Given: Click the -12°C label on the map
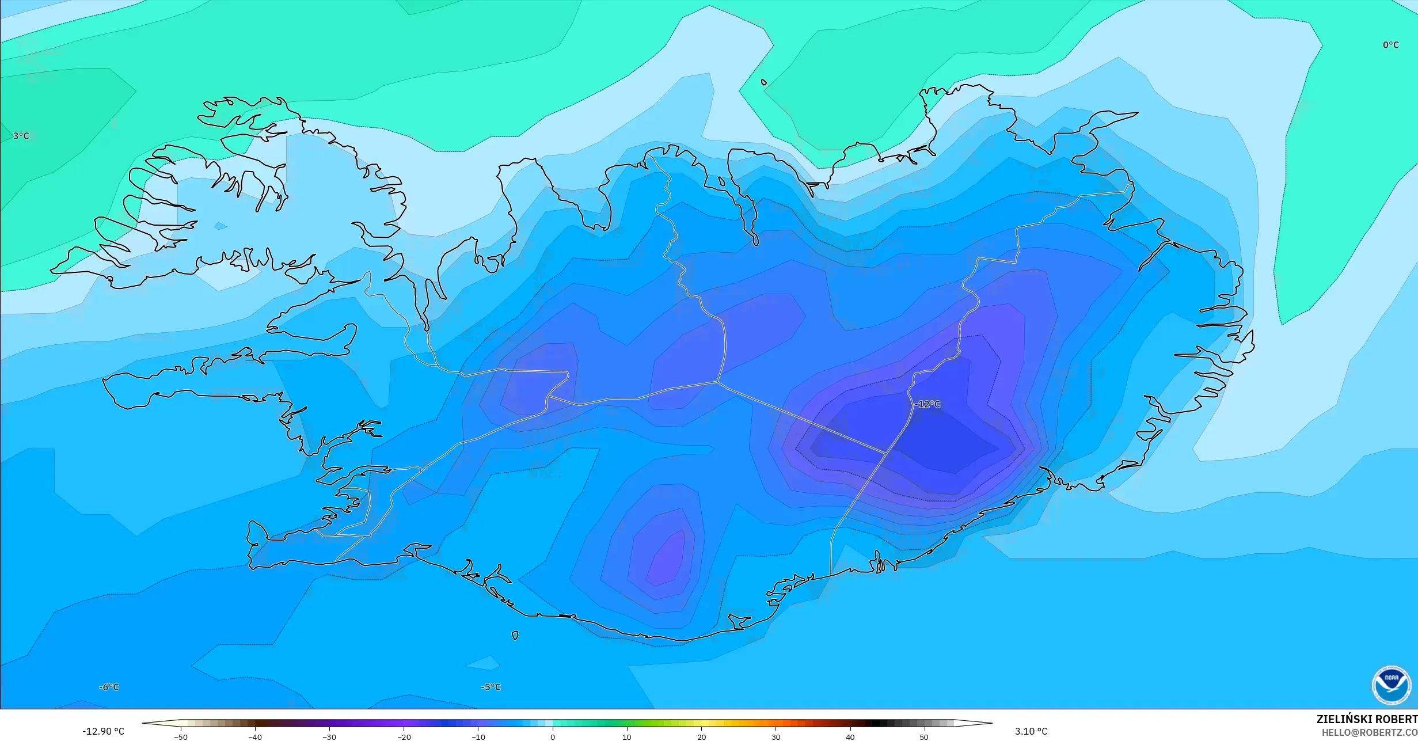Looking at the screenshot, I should pyautogui.click(x=927, y=404).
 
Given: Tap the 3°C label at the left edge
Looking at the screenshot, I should pyautogui.click(x=21, y=136).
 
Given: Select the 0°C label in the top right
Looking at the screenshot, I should pyautogui.click(x=1390, y=45).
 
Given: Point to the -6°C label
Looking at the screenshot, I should pyautogui.click(x=109, y=687).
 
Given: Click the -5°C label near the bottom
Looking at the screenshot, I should pyautogui.click(x=491, y=687).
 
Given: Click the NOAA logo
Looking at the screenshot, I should pyautogui.click(x=1391, y=685).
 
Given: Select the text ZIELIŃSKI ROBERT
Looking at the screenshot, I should pyautogui.click(x=1367, y=719).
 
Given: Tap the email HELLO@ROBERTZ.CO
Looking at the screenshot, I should pyautogui.click(x=1369, y=732).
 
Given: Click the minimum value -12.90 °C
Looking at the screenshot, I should pyautogui.click(x=104, y=731).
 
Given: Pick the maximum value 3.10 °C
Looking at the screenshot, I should pyautogui.click(x=1031, y=731).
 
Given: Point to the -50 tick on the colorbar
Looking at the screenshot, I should pyautogui.click(x=181, y=736).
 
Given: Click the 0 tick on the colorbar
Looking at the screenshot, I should pyautogui.click(x=553, y=736).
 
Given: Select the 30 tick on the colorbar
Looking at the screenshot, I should pyautogui.click(x=775, y=736).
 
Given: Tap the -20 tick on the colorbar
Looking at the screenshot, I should pyautogui.click(x=404, y=736).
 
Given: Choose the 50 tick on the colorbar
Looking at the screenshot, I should pyautogui.click(x=924, y=736).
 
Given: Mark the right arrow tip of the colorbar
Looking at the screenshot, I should pyautogui.click(x=991, y=723).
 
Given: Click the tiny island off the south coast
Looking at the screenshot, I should pyautogui.click(x=515, y=636).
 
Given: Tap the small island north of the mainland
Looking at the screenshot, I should pyautogui.click(x=764, y=82).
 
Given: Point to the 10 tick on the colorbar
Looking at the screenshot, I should pyautogui.click(x=627, y=736).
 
